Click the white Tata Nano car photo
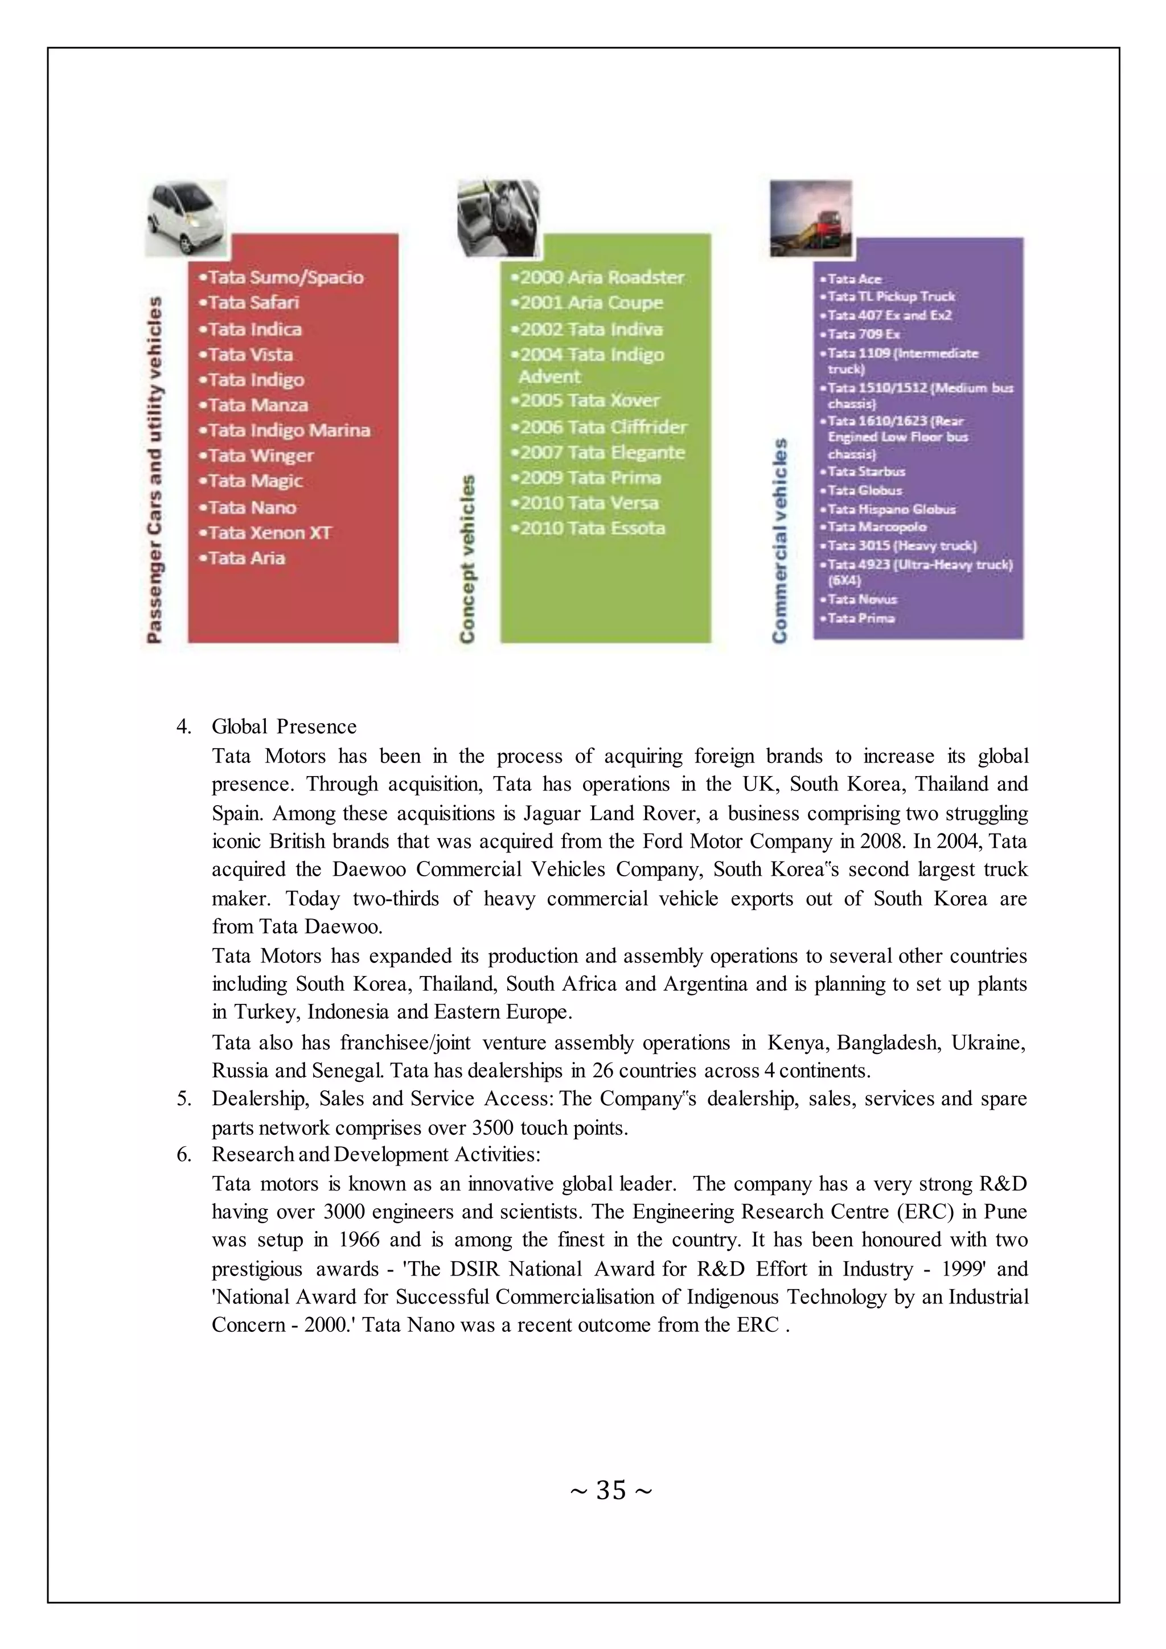pos(185,218)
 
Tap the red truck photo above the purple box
pos(811,218)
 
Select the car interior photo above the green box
pos(498,218)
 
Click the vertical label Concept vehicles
pos(467,558)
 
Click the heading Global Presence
pos(284,727)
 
